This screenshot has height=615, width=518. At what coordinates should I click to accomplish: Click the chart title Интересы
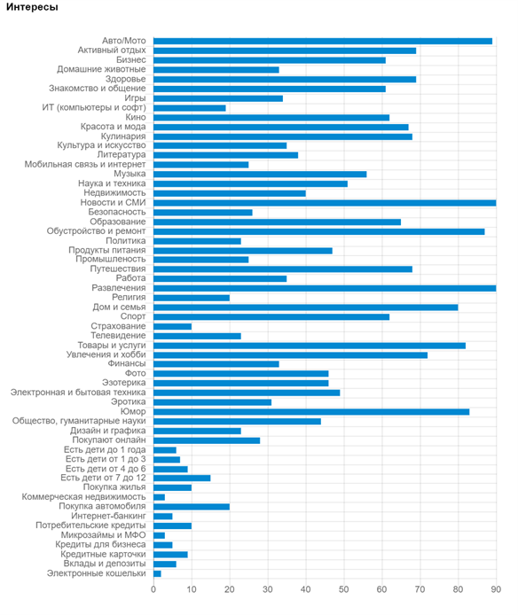pyautogui.click(x=32, y=7)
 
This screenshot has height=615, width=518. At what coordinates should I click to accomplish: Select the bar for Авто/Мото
pyautogui.click(x=323, y=41)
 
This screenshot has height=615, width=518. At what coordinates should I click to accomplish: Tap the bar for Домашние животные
pyautogui.click(x=216, y=70)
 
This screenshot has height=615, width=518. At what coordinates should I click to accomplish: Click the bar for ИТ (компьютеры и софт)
pyautogui.click(x=190, y=108)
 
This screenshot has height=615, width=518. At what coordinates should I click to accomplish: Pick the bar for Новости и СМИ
pyautogui.click(x=325, y=203)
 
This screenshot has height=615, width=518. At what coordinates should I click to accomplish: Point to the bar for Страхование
pyautogui.click(x=172, y=326)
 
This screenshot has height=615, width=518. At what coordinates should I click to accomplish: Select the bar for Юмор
pyautogui.click(x=311, y=412)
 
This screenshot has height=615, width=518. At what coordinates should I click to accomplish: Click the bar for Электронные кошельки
pyautogui.click(x=157, y=574)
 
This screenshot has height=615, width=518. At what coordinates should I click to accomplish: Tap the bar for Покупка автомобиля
pyautogui.click(x=192, y=507)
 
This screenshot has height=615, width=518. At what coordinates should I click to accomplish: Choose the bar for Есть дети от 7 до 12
pyautogui.click(x=182, y=479)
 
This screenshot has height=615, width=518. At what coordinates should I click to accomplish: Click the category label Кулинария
pyautogui.click(x=123, y=136)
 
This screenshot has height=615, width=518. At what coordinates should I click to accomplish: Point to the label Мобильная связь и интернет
pyautogui.click(x=85, y=164)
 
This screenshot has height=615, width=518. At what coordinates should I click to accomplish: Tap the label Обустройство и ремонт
pyautogui.click(x=96, y=231)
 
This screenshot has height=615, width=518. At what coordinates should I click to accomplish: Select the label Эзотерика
pyautogui.click(x=123, y=383)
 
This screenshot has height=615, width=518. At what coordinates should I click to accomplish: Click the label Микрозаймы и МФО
pyautogui.click(x=103, y=535)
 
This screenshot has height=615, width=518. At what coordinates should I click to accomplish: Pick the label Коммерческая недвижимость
pyautogui.click(x=83, y=497)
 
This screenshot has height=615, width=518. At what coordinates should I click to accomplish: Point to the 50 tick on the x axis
pyautogui.click(x=343, y=589)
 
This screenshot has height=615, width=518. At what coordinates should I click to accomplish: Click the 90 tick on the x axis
pyautogui.click(x=496, y=589)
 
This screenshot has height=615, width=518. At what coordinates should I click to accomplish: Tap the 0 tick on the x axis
pyautogui.click(x=153, y=589)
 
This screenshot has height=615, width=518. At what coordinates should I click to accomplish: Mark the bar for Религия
pyautogui.click(x=192, y=298)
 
